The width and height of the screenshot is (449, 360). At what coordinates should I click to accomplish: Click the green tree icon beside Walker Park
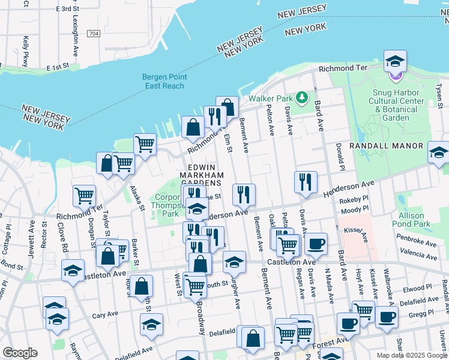tap(304, 97)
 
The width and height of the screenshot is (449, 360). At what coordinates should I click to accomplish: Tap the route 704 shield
tap(92, 34)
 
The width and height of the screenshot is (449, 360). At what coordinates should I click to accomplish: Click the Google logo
tap(20, 353)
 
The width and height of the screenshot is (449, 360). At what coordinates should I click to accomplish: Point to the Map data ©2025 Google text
tap(411, 355)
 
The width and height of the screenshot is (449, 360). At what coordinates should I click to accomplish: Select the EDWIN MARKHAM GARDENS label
tap(205, 175)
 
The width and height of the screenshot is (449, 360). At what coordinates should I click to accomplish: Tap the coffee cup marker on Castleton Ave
tap(316, 243)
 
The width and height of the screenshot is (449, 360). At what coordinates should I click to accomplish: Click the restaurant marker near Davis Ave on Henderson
tap(306, 181)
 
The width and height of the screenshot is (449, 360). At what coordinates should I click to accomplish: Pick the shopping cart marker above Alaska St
tap(145, 143)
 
